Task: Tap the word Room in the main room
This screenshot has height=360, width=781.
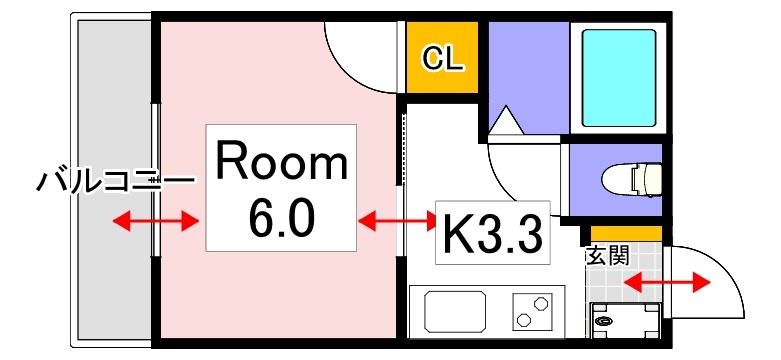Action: [281, 162]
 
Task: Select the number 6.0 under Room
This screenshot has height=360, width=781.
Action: [280, 215]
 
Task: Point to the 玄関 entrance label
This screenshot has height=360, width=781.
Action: [607, 254]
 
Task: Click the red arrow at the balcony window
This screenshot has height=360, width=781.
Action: [156, 220]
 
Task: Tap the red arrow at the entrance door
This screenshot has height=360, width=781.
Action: [665, 283]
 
